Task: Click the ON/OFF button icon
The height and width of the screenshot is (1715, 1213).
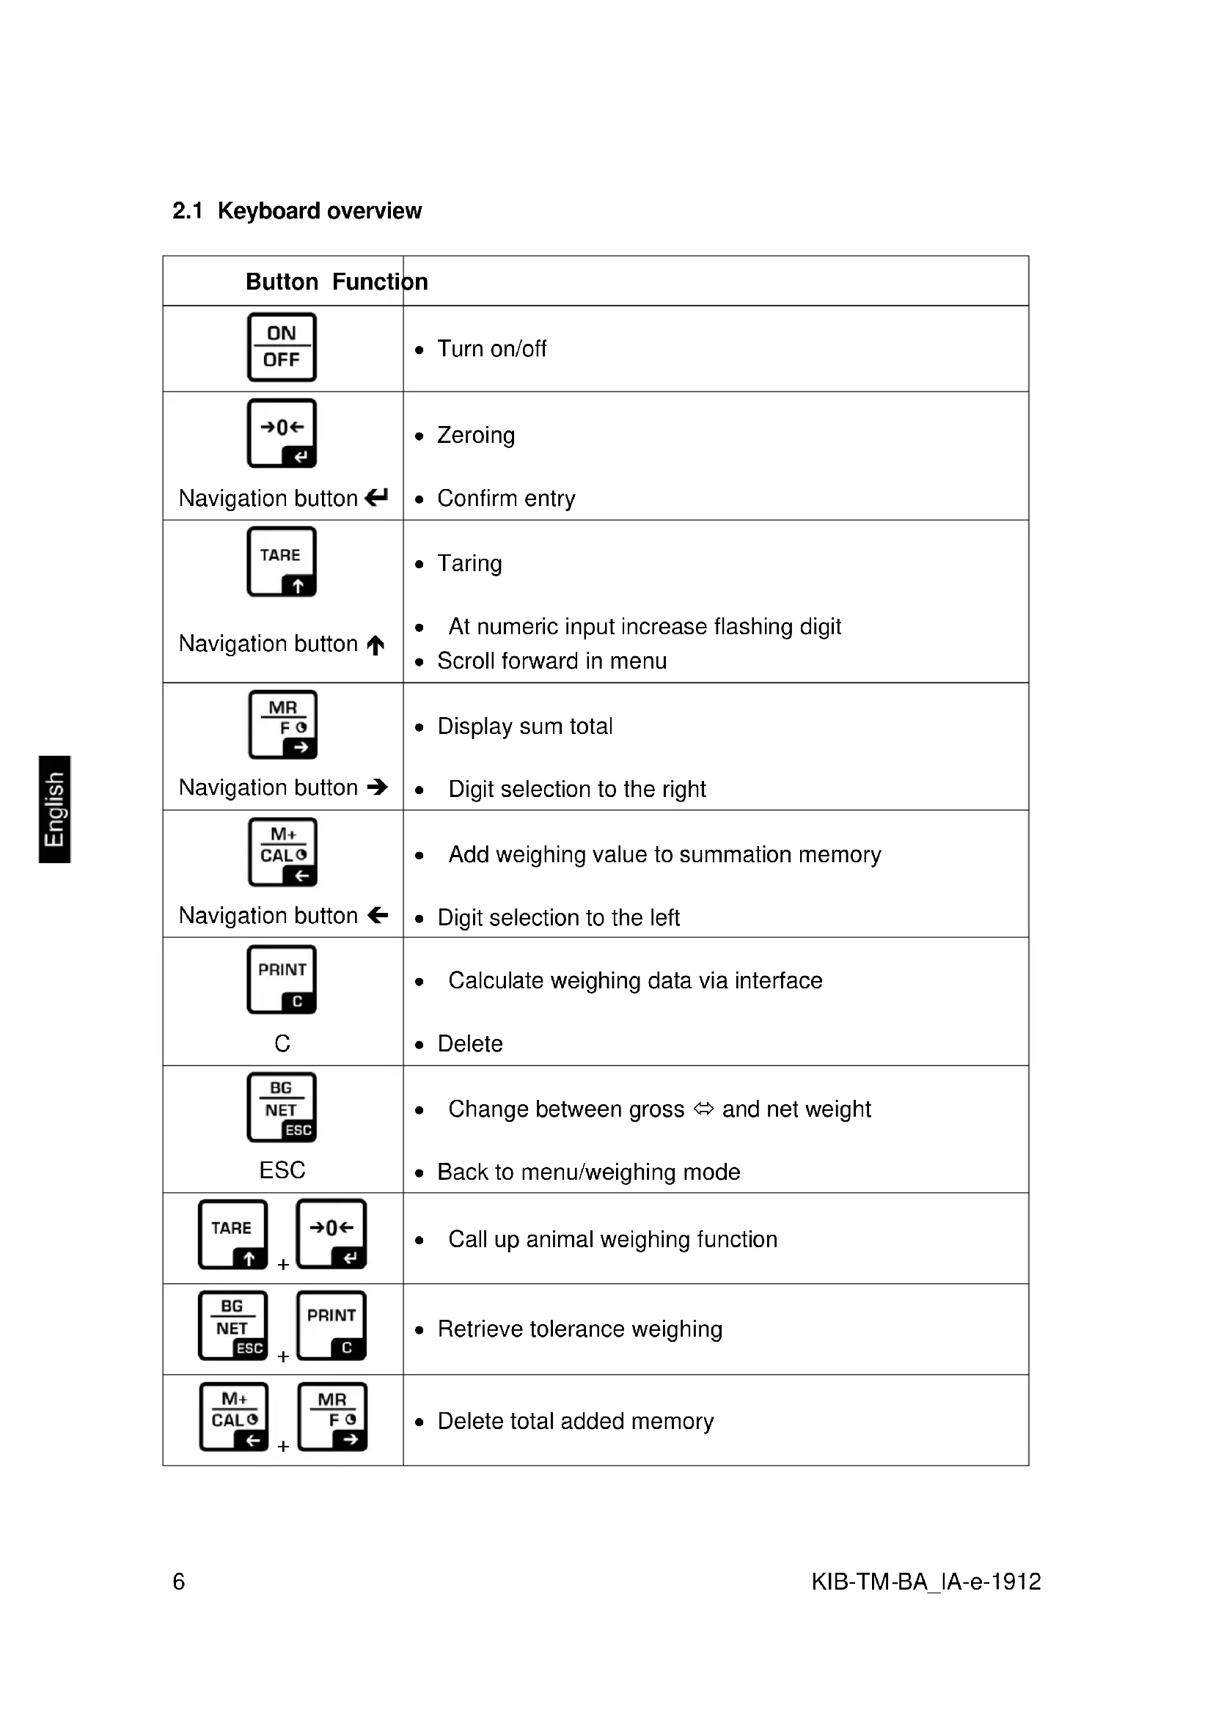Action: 282,348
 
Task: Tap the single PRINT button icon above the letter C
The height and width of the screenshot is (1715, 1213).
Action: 282,980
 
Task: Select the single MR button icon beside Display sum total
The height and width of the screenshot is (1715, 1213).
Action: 282,724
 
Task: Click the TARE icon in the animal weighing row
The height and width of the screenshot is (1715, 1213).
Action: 232,1234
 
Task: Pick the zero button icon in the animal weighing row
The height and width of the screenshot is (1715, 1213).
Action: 331,1234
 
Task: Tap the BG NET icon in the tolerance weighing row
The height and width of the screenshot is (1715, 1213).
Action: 232,1326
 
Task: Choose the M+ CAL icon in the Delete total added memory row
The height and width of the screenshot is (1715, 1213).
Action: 234,1417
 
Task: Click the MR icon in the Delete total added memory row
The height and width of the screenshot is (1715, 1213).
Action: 331,1417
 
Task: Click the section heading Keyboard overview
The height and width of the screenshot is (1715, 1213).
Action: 319,211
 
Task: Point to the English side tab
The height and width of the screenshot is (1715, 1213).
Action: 54,809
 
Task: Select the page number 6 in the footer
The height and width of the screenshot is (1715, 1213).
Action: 178,1582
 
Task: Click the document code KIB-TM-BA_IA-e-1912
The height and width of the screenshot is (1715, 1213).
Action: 926,1582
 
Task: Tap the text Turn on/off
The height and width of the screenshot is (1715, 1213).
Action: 491,349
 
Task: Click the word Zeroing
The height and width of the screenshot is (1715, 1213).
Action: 476,435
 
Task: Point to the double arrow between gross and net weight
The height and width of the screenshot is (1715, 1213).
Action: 703,1109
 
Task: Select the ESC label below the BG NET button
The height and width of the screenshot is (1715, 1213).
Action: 282,1169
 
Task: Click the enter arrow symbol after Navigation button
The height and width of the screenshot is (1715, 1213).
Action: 376,496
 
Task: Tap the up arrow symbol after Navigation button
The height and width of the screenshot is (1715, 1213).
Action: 375,644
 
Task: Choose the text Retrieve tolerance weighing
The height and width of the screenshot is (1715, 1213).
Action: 579,1329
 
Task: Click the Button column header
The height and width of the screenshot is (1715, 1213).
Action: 282,282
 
